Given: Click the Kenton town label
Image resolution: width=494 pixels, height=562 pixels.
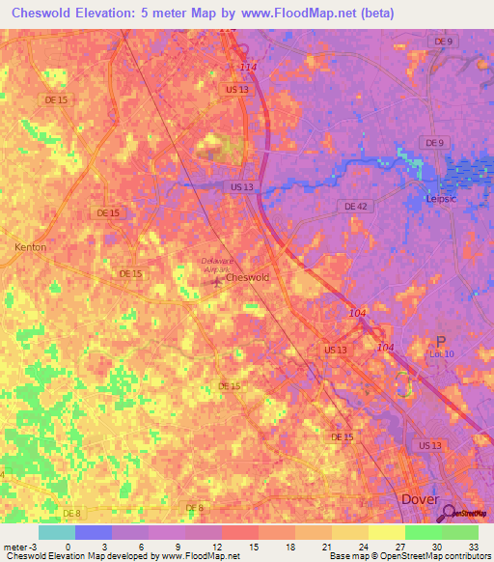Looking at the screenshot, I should click(x=30, y=247).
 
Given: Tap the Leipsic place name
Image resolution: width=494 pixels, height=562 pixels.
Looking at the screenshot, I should click(x=447, y=200).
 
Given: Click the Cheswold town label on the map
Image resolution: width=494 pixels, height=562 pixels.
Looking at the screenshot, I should click(x=248, y=277).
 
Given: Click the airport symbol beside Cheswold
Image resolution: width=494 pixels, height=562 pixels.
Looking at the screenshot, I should click(x=216, y=281).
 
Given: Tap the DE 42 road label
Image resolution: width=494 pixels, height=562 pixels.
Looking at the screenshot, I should click(x=355, y=207).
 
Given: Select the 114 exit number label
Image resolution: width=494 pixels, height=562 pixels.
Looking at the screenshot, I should click(x=248, y=67).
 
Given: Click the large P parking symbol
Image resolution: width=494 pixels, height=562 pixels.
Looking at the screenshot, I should click(x=441, y=343).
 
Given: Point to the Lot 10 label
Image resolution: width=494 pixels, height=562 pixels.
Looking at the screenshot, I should click(x=441, y=355).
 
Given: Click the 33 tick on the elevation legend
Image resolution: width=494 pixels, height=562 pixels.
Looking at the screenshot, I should click(x=473, y=546).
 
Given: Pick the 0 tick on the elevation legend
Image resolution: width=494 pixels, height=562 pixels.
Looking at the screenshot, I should click(x=68, y=546).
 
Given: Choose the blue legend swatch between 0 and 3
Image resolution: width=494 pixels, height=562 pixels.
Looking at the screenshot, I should click(x=93, y=531).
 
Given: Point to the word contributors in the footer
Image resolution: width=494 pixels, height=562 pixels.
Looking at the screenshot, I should click(x=468, y=557).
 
